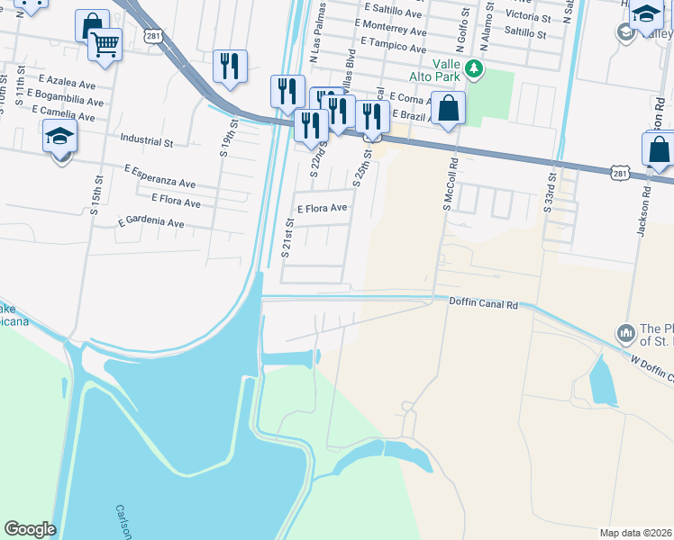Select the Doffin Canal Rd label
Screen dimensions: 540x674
483,304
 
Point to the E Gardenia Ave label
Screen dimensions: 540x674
151,222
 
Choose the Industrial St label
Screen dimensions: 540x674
146,141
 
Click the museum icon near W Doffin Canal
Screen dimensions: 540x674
626,334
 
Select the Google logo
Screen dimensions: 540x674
30,529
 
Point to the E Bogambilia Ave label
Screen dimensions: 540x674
65,93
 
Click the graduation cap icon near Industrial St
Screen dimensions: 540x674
60,137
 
